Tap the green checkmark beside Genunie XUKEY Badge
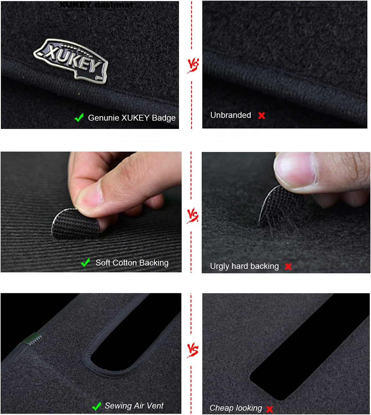[x=79, y=118]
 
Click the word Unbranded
[x=231, y=115]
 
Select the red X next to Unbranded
[x=261, y=115]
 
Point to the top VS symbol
[x=193, y=65]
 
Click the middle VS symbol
[x=192, y=215]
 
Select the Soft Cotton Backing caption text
[x=132, y=263]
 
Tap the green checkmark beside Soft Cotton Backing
[x=85, y=262]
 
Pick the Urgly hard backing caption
[x=244, y=266]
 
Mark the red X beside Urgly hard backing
[x=288, y=267]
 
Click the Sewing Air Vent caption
[x=134, y=406]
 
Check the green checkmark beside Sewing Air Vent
[x=96, y=407]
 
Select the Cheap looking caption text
[x=236, y=408]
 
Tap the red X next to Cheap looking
[x=269, y=409]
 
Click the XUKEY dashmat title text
[x=96, y=5]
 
